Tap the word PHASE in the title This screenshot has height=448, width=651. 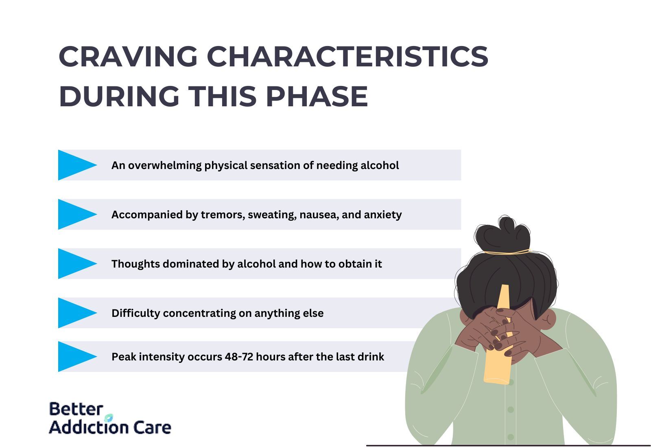317,96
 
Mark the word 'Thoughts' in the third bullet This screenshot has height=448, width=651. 136,264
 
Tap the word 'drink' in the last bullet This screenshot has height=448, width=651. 371,356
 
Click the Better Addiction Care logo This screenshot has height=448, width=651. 110,418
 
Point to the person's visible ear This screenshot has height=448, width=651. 548,318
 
